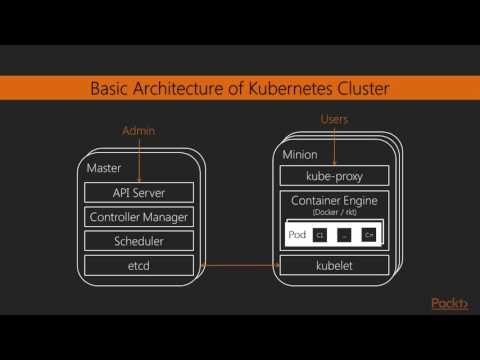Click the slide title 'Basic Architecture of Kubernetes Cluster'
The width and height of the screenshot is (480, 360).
click(x=239, y=90)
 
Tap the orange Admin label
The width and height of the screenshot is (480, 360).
click(x=138, y=131)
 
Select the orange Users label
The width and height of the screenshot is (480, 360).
click(x=334, y=119)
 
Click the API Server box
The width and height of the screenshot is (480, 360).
click(x=138, y=192)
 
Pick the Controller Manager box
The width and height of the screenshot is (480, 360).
click(x=138, y=216)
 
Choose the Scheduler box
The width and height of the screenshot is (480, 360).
click(x=138, y=241)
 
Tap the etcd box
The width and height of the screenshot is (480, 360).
click(x=138, y=265)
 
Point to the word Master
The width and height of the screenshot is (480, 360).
click(x=104, y=168)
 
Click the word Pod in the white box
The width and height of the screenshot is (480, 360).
click(x=297, y=234)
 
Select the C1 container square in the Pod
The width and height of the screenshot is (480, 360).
click(x=320, y=235)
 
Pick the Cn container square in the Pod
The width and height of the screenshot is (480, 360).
click(x=369, y=235)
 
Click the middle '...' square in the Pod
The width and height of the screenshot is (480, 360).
click(x=344, y=235)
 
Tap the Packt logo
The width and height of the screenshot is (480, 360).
click(x=449, y=304)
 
